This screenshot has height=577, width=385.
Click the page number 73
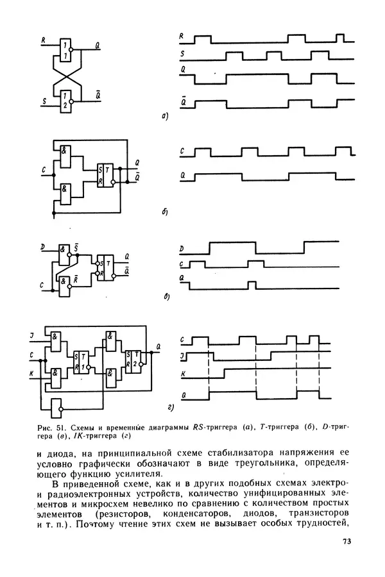click(346, 541)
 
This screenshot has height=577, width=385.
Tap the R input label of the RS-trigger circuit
click(44, 40)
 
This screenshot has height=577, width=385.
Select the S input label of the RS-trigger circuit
click(44, 101)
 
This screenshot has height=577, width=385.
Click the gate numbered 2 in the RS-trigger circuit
click(66, 101)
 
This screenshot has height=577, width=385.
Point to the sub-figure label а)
click(165, 117)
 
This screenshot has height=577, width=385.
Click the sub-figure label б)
click(165, 212)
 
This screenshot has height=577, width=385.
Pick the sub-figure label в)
click(167, 297)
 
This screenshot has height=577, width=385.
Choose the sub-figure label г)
click(170, 407)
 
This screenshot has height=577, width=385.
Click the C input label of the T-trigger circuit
click(44, 170)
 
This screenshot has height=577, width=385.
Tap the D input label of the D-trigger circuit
click(43, 247)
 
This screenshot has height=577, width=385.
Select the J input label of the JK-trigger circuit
click(31, 335)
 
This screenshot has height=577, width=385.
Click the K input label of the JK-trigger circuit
click(31, 374)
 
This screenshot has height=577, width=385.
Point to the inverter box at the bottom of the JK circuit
click(56, 408)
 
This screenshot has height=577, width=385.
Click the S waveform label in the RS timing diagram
click(182, 54)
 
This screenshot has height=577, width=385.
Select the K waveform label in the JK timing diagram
click(183, 374)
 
